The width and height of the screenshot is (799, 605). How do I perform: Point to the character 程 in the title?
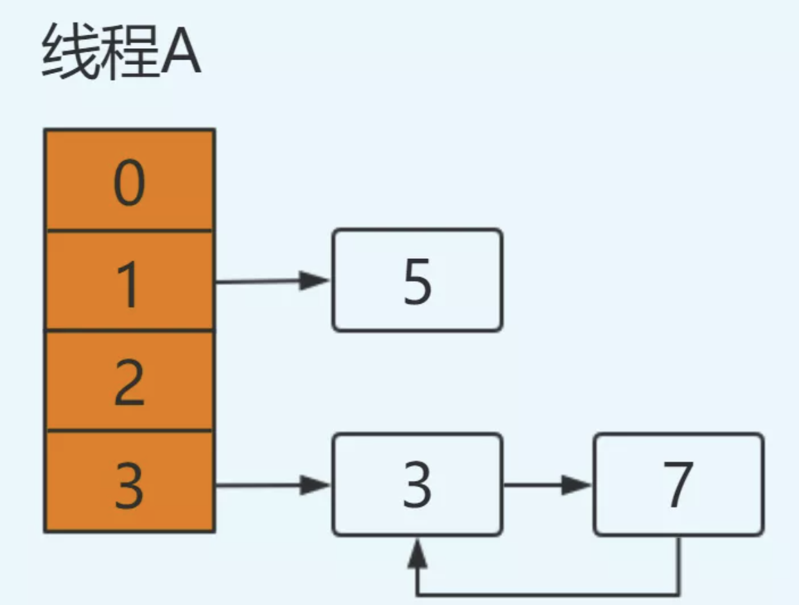[120, 55]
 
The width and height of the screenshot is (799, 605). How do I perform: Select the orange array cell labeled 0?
[129, 180]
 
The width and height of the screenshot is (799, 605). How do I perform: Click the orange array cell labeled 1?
[129, 281]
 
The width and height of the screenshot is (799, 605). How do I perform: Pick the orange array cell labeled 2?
[129, 381]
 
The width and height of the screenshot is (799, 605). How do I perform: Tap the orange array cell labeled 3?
[129, 482]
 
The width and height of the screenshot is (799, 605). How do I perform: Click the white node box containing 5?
[417, 280]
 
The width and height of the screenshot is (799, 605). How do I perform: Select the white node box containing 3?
[417, 484]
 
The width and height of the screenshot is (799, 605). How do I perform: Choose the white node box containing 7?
[678, 484]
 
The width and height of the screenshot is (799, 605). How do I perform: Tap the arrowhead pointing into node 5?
[316, 281]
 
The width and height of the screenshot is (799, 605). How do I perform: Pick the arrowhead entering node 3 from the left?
[316, 486]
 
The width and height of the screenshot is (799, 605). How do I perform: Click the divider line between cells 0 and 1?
[129, 230]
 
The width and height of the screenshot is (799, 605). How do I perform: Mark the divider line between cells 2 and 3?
[129, 431]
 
